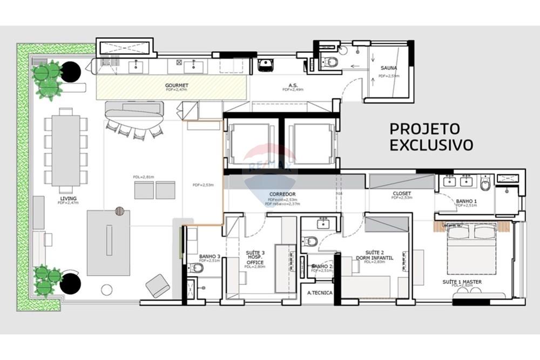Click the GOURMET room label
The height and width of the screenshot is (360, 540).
pyautogui.click(x=177, y=85)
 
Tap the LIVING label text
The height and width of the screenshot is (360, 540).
pyautogui.click(x=69, y=198)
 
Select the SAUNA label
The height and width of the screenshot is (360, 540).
pyautogui.click(x=389, y=68)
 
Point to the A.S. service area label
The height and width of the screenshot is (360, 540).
pyautogui.click(x=293, y=85)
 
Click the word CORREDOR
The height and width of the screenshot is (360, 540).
pyautogui.click(x=282, y=194)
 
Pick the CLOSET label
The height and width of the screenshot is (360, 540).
pyautogui.click(x=402, y=193)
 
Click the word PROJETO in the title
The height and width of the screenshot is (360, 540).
pyautogui.click(x=424, y=129)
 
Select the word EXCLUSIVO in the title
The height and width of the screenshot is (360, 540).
pyautogui.click(x=431, y=145)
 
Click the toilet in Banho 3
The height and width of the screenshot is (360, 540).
pyautogui.click(x=197, y=268)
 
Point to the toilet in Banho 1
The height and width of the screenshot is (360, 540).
pyautogui.click(x=485, y=184)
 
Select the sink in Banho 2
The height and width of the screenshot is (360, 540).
pyautogui.click(x=323, y=223)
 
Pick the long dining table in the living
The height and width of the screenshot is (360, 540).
pyautogui.click(x=66, y=151)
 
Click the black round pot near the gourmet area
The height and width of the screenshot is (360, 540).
pyautogui.click(x=71, y=72)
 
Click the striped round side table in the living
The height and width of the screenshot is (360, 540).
pyautogui.click(x=119, y=211)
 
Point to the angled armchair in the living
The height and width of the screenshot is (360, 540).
pyautogui.click(x=158, y=286)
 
